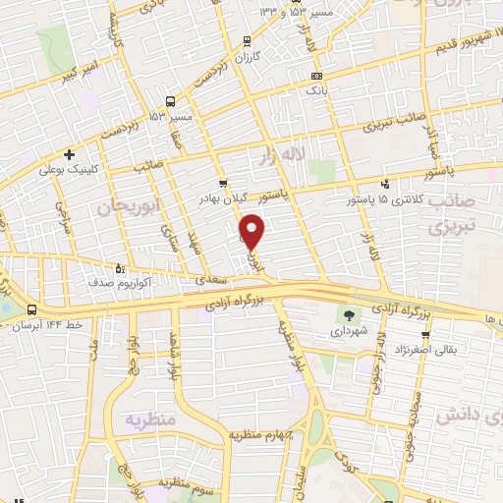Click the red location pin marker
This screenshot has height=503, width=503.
(252, 231)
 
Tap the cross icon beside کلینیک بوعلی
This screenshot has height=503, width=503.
(69, 154)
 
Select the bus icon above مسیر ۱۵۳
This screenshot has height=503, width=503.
(171, 101)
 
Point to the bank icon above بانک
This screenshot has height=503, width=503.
(315, 76)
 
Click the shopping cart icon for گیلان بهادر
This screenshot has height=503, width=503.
(223, 183)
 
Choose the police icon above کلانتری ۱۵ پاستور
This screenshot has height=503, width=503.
(385, 184)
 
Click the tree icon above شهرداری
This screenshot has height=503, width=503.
(348, 314)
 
